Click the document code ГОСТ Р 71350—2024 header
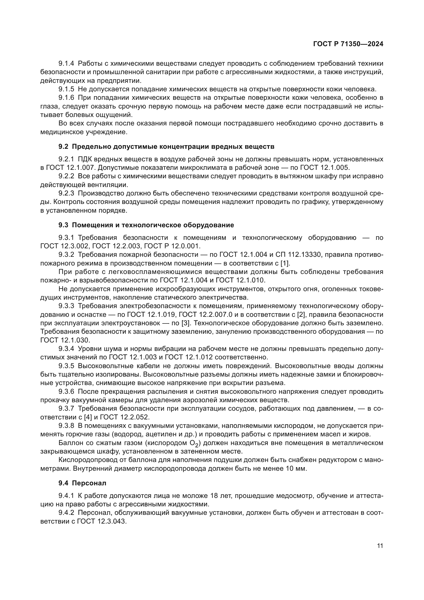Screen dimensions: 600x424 coord(348,44)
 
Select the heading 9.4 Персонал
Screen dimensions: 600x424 coord(82,483)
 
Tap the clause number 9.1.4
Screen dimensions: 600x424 coord(66,64)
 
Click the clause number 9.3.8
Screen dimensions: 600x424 coord(66,426)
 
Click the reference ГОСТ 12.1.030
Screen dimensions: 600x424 coord(65,340)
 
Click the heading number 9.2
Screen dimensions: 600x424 coord(63,147)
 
